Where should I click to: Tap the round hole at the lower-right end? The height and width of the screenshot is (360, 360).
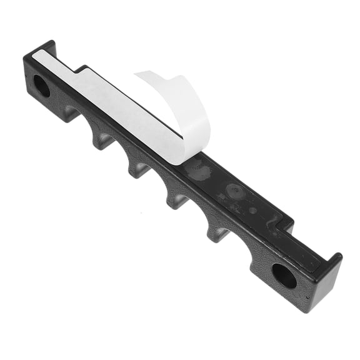point(284,275)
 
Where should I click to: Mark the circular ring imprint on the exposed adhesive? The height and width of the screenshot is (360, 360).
point(235,191)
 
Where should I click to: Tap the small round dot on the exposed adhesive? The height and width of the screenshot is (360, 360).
point(252,210)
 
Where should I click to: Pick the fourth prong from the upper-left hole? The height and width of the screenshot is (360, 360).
point(216,233)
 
